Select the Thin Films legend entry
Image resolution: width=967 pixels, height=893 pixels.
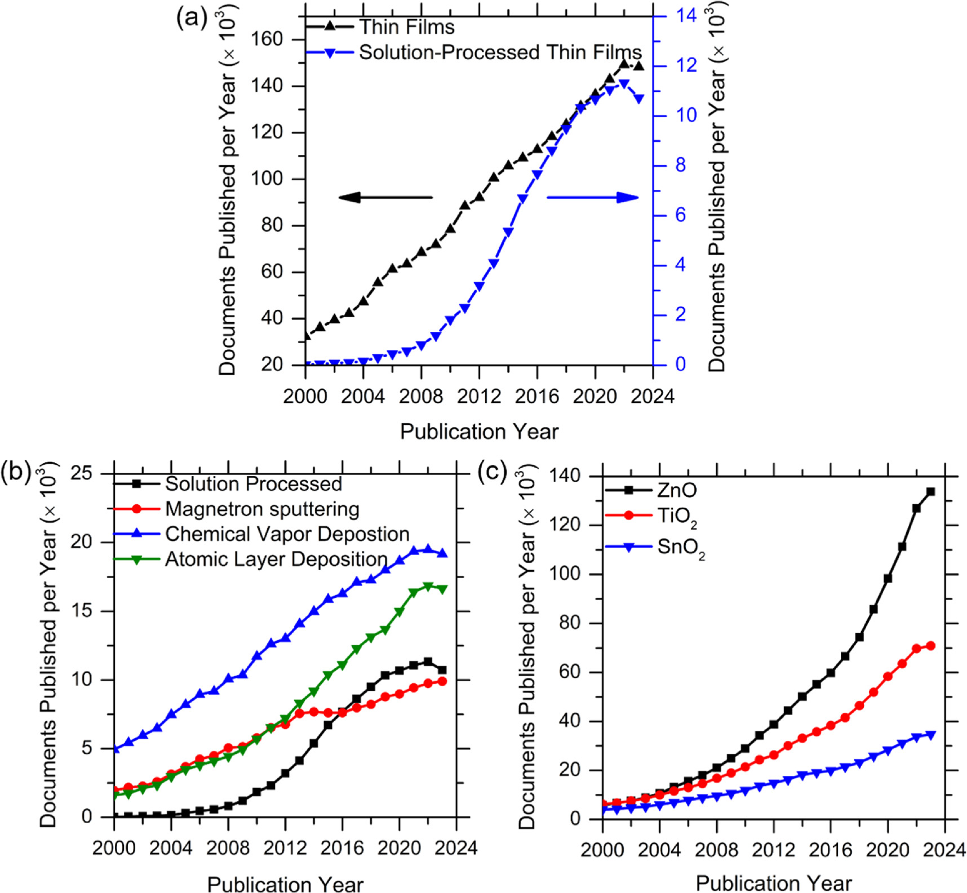tap(407, 26)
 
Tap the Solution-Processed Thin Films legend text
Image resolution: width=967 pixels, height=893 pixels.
tap(500, 52)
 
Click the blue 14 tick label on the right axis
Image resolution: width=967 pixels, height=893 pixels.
tap(686, 15)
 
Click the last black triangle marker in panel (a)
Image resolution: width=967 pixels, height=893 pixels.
tap(638, 66)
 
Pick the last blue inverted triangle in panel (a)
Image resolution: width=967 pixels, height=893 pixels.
tap(638, 99)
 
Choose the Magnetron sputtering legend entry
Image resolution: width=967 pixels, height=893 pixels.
tap(262, 509)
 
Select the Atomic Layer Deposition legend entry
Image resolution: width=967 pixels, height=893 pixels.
tap(276, 559)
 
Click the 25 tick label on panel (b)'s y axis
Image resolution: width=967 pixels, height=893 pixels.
tap(81, 473)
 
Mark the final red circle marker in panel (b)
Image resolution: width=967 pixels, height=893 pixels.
tap(442, 681)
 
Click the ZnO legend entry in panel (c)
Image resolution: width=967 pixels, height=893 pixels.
tap(677, 490)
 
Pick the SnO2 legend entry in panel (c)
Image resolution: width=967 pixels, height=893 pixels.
tap(681, 548)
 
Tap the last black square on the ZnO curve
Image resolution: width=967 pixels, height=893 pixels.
tap(930, 492)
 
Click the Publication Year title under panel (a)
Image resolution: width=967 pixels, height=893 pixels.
tap(479, 432)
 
